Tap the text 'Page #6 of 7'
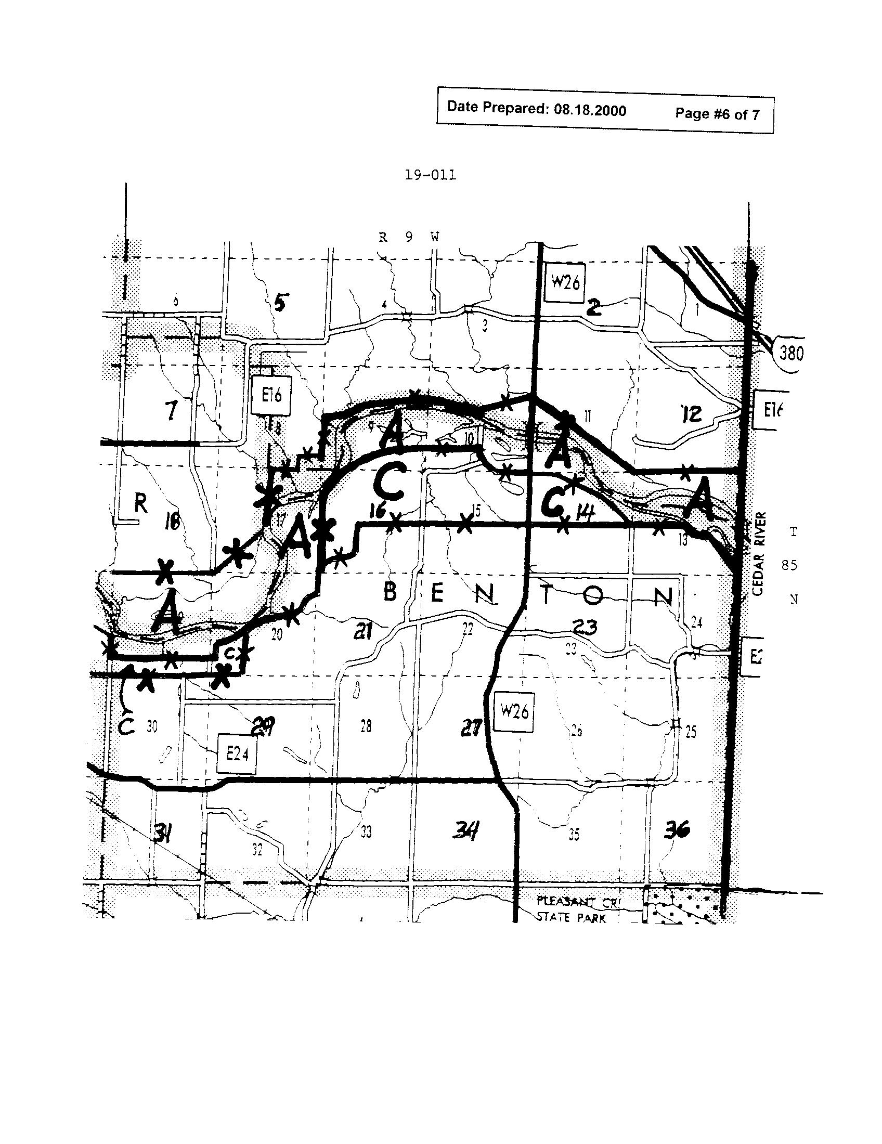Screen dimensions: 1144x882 point(717,114)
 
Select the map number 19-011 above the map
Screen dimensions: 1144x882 point(430,175)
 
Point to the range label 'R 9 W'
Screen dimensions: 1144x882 point(409,237)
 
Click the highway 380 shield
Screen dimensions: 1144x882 point(790,354)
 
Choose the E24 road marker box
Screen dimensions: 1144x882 point(237,754)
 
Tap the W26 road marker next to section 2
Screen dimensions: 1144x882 point(565,283)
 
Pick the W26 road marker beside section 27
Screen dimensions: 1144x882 point(514,711)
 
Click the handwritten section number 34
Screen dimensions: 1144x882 point(465,831)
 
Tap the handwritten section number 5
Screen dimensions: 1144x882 point(280,303)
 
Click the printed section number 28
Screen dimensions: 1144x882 point(366,726)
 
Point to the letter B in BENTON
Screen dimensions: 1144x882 point(390,592)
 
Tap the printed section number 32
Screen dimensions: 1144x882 point(256,850)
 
